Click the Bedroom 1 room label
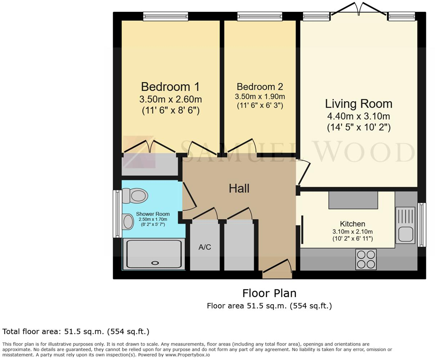(170, 87)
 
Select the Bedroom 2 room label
(260, 87)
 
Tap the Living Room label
(358, 104)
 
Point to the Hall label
(239, 188)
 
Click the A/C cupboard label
(205, 247)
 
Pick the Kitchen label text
(353, 224)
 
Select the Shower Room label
(153, 214)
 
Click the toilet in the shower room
(135, 196)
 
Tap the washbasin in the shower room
(128, 221)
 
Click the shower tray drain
(155, 263)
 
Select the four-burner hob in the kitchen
(366, 259)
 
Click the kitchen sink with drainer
(405, 225)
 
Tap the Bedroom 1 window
(165, 16)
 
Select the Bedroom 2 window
(260, 16)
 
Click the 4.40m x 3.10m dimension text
(358, 116)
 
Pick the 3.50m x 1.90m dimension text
(260, 96)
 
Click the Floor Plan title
(269, 293)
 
